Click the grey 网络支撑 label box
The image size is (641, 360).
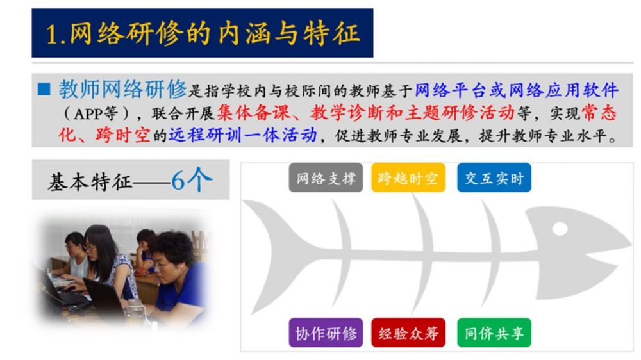tap(326, 177)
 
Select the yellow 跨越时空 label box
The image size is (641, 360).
tap(408, 177)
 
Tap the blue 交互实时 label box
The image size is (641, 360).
tap(494, 177)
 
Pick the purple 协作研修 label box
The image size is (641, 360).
tap(326, 332)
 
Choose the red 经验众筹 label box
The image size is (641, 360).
tap(408, 332)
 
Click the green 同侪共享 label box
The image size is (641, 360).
tap(494, 332)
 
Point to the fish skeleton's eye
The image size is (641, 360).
tap(560, 229)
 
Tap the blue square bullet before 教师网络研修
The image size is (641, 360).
tap(44, 90)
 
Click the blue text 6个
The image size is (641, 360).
tap(192, 179)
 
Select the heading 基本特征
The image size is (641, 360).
tap(90, 182)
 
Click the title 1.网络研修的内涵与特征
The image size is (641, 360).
tap(203, 33)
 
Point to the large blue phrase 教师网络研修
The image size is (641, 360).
tap(122, 88)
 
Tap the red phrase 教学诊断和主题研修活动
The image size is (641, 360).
tap(412, 112)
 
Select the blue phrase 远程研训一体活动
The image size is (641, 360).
tap(243, 135)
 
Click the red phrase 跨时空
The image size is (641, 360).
tap(122, 135)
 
